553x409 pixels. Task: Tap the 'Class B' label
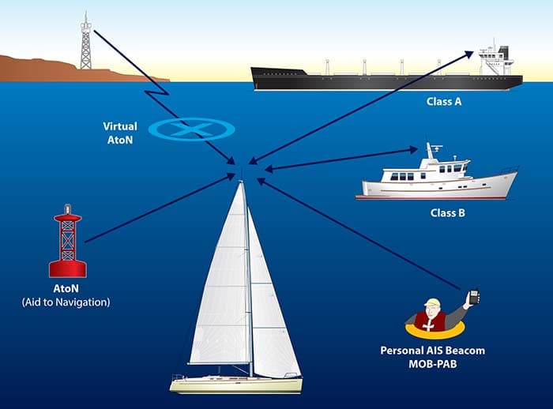447,212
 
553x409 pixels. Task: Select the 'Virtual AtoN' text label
119,132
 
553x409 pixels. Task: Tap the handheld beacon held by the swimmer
473,298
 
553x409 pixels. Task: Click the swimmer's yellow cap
431,303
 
